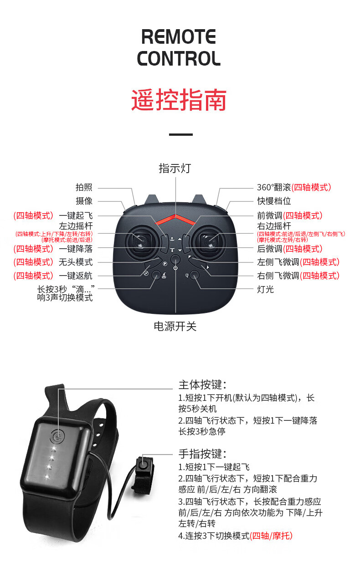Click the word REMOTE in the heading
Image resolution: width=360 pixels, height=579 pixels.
[179, 36]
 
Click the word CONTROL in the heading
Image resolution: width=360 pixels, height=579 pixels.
[179, 59]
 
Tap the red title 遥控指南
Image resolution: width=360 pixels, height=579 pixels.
[179, 100]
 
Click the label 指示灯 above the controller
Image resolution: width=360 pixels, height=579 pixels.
[175, 168]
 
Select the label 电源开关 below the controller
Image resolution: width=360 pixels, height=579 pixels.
[175, 326]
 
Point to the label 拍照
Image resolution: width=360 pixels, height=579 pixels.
[84, 187]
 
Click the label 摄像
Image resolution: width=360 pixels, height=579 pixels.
[84, 201]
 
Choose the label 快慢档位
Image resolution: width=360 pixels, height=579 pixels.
[274, 201]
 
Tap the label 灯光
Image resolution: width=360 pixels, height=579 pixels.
[266, 289]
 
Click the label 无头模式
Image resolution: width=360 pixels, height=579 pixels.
[76, 262]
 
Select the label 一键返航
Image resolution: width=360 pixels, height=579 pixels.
[76, 276]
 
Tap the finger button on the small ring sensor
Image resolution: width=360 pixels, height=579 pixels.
[145, 466]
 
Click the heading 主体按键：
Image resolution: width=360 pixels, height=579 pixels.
[202, 384]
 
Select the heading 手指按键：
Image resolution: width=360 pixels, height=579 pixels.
[202, 454]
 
